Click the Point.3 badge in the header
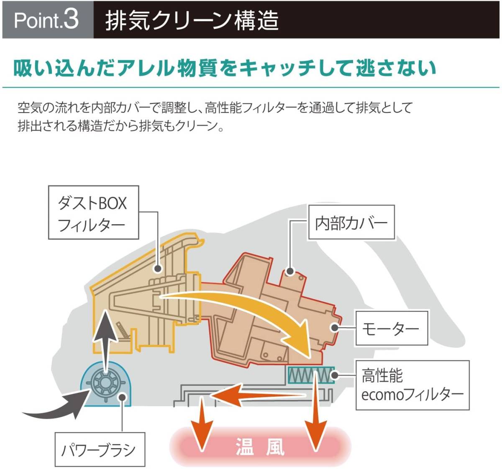47,20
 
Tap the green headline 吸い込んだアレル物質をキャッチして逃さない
225,68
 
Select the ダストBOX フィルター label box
93,213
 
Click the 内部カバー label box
351,223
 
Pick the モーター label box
391,328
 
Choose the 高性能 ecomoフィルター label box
412,384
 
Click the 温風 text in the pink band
260,446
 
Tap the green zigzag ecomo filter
311,375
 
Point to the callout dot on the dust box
158,269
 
